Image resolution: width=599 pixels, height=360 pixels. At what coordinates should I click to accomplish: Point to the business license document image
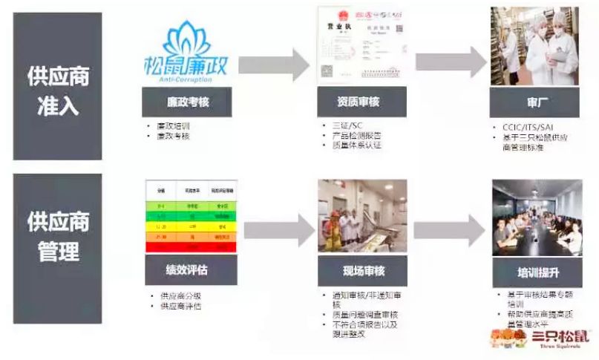[x=361, y=45]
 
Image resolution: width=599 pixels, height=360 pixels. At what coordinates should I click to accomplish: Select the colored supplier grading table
[x=190, y=215]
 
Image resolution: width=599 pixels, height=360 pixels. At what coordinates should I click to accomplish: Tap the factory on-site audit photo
[x=362, y=215]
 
